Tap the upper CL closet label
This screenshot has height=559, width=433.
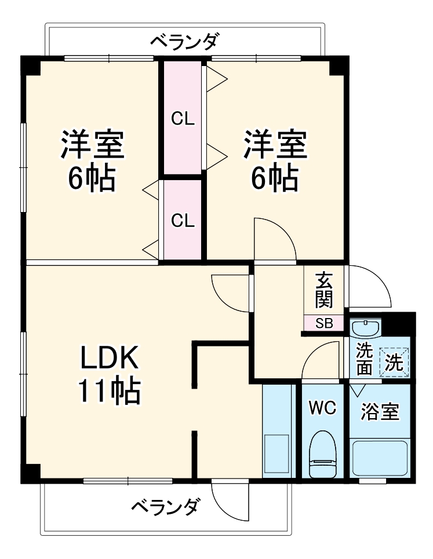click(182, 120)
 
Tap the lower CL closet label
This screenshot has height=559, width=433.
click(182, 221)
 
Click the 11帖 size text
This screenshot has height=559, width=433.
click(109, 393)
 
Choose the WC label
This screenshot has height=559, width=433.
click(322, 408)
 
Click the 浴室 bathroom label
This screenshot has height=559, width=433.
click(380, 412)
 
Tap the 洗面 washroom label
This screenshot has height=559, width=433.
click(363, 359)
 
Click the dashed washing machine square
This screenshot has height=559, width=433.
click(394, 362)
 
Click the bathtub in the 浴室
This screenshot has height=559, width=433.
click(380, 458)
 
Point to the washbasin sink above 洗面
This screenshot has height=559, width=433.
click(365, 329)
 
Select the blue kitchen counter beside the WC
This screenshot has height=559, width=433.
click(278, 432)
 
